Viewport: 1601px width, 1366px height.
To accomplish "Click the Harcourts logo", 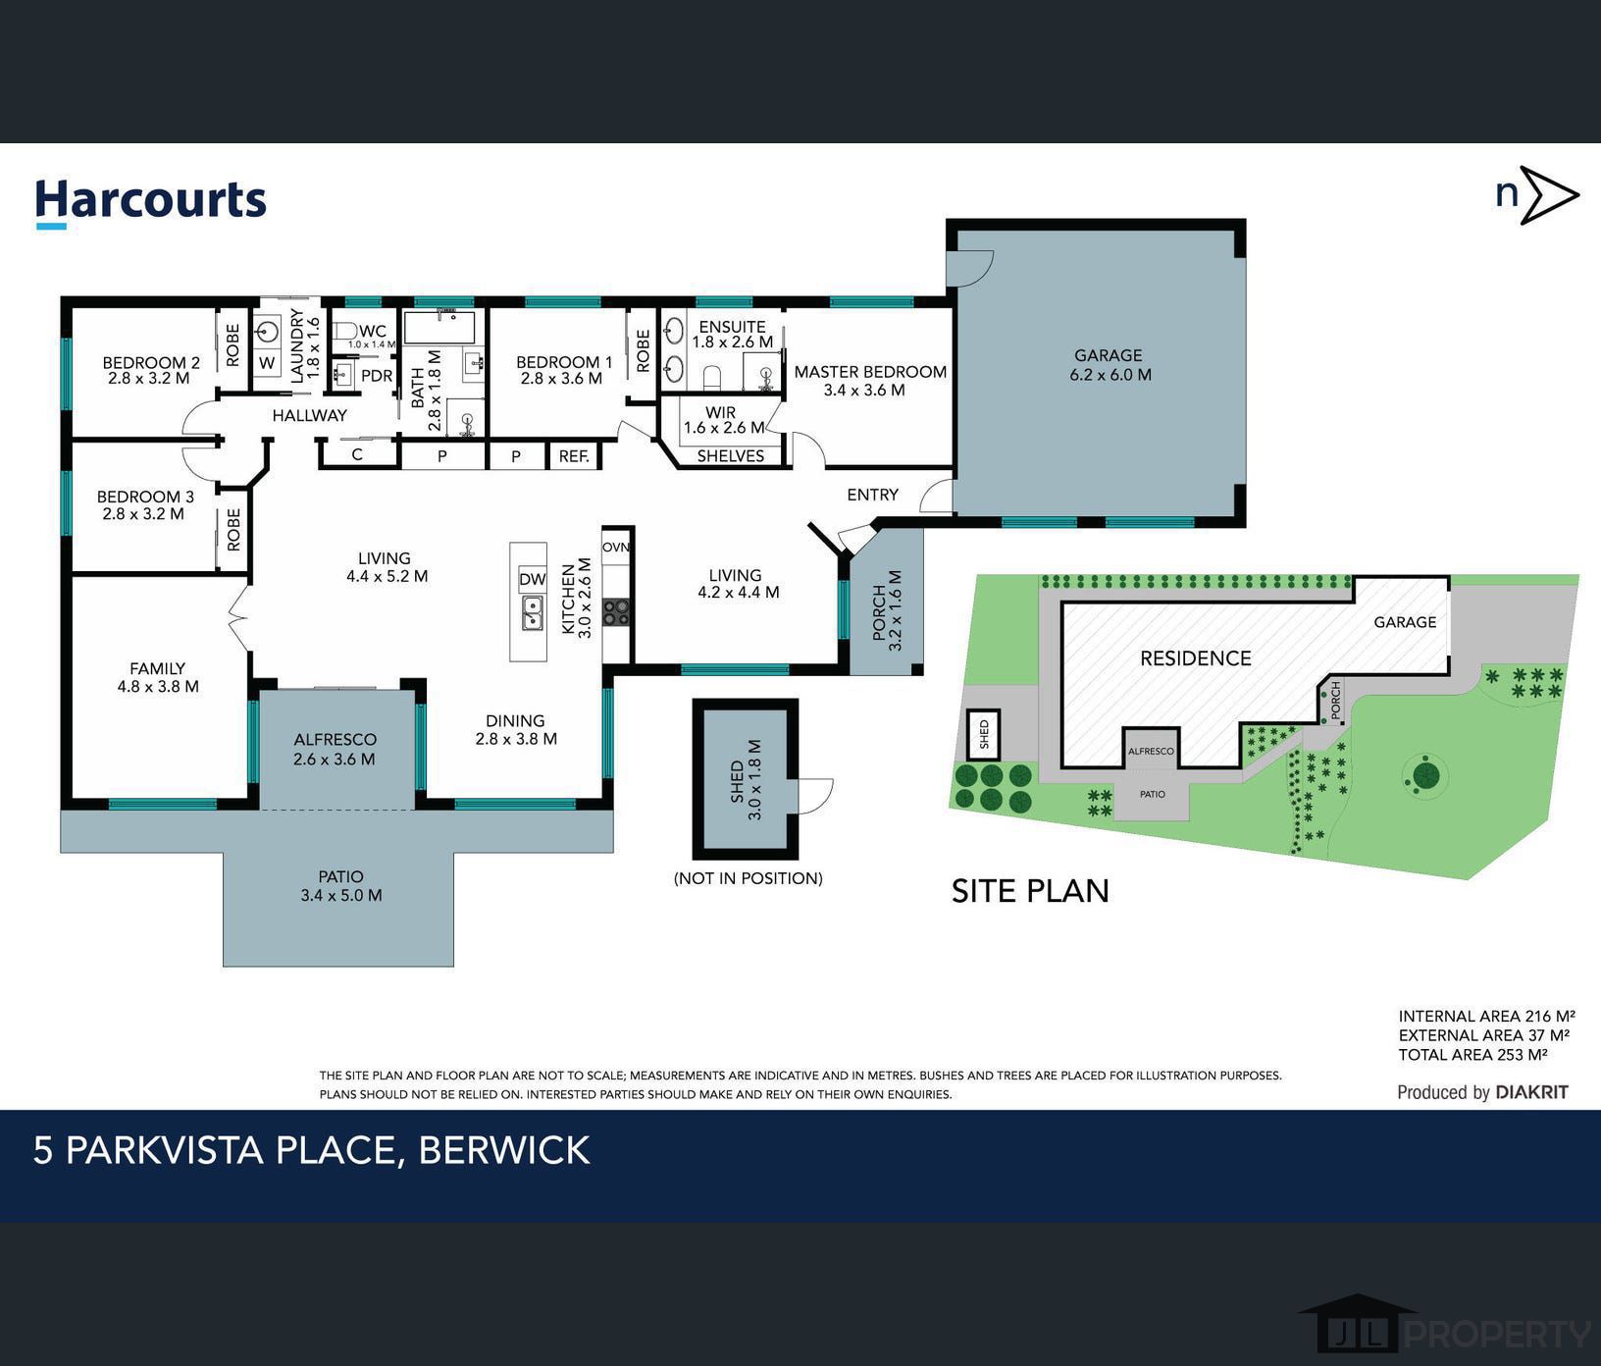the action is pos(151,202).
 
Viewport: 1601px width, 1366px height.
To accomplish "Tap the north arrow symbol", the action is pos(1548,195).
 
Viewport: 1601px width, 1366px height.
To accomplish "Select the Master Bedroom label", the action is pos(870,372).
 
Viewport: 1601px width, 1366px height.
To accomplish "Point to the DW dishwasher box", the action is pos(532,579).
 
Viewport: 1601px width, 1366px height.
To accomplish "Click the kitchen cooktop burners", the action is pos(616,613).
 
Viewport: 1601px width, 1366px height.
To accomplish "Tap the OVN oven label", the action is pos(616,547).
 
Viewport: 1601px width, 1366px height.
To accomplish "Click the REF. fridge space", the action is pos(574,456).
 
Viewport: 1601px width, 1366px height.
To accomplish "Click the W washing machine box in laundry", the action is pos(267,363).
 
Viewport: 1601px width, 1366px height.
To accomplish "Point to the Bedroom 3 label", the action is pos(145,497).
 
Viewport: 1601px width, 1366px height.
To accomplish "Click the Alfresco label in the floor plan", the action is pos(335,740).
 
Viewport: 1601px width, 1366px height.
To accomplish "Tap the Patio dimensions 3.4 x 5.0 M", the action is pos(341,895).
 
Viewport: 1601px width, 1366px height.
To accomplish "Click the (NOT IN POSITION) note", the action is pos(748,878).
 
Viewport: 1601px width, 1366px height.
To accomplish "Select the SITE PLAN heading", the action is pos(1030,891).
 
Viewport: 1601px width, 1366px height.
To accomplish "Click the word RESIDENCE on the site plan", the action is pos(1196,658).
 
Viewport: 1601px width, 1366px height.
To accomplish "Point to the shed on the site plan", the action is pos(985,733).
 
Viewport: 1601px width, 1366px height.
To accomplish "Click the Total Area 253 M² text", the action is pos(1473,1055).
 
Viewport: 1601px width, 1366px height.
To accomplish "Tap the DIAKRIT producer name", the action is pos(1532,1092).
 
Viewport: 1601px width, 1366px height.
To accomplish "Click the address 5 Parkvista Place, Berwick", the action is pos(312,1150).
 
